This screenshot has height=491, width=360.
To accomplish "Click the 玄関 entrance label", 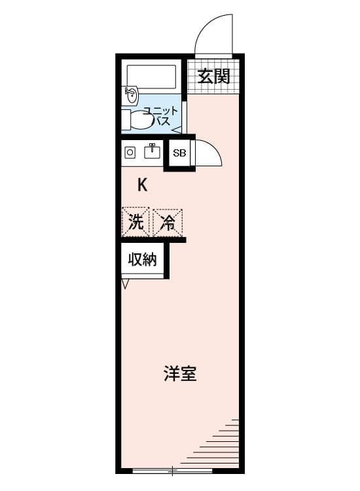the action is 214,77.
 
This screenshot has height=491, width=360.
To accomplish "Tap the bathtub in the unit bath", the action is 151,77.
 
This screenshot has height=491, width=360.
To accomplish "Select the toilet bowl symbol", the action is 142,120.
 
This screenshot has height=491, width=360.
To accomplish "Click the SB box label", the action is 180,153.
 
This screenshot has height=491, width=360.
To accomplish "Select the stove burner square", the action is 130,153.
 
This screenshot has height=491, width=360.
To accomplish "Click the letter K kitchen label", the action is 143,185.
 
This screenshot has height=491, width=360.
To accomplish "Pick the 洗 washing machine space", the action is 136,223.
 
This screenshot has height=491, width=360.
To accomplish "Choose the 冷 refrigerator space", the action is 168,223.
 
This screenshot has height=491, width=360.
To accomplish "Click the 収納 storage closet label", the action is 143,260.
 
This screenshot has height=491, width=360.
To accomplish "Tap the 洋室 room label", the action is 180,373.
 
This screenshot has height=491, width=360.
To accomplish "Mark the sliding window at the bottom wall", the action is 173,470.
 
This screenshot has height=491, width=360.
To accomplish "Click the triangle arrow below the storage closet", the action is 125,284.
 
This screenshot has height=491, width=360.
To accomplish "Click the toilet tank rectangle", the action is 126,120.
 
